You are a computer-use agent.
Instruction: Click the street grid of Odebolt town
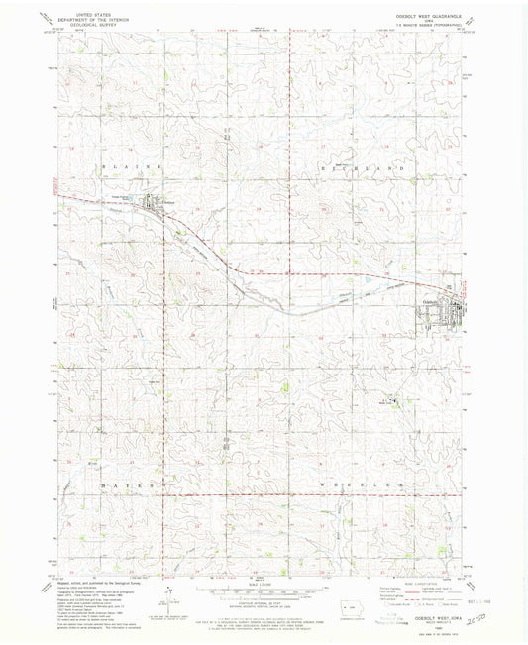point(441,316)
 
